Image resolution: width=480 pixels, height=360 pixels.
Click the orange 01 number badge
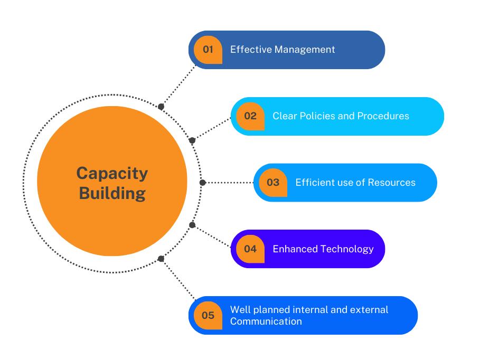(x=208, y=50)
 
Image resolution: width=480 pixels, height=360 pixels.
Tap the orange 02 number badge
(x=250, y=116)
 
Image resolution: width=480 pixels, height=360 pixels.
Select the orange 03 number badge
(x=273, y=183)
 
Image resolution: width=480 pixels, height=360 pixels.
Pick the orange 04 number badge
(x=250, y=249)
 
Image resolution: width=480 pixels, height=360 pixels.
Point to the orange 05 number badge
(x=208, y=315)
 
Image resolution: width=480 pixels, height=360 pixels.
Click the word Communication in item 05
(x=266, y=321)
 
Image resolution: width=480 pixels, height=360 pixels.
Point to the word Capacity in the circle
(x=112, y=173)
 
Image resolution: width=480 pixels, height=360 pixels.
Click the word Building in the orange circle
(x=112, y=193)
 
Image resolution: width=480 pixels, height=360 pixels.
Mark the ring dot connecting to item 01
(x=161, y=107)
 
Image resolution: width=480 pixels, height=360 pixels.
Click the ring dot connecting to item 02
(x=192, y=140)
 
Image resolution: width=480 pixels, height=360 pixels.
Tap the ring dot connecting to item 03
(x=202, y=183)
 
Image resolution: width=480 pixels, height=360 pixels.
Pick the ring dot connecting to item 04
(x=192, y=225)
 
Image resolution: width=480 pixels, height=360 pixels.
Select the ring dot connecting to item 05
(x=161, y=259)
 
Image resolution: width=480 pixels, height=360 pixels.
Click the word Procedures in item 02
(x=383, y=116)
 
